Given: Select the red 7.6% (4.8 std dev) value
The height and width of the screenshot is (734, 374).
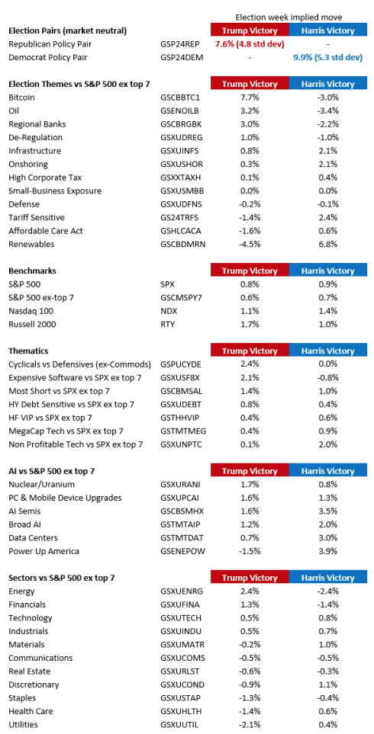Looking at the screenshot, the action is point(250,44).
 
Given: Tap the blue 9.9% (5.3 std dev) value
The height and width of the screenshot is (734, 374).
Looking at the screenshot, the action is point(327,58).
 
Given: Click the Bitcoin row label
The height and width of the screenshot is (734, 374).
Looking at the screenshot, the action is point(21,98).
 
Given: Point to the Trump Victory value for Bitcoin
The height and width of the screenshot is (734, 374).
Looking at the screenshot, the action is point(250,98).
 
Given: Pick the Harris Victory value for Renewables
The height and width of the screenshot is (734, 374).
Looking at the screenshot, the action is point(327,245).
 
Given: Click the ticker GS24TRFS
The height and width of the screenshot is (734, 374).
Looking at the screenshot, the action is point(179,218).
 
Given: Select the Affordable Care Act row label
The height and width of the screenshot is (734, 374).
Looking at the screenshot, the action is point(40,231).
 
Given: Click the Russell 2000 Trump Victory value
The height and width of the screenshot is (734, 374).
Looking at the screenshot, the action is point(250,324).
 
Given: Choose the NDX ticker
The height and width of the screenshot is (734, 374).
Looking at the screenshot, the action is point(167,311).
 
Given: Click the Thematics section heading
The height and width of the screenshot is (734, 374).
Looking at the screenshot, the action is point(28,351).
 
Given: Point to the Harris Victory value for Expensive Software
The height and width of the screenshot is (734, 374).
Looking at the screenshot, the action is point(327,377).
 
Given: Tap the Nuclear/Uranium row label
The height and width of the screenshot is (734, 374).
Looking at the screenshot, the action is point(42,485).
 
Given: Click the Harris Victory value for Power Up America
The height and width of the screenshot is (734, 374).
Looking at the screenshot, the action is point(327,551).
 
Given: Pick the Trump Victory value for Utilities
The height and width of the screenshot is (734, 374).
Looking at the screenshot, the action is point(250,725).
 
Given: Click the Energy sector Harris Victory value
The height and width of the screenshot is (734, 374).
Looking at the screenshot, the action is point(327,591).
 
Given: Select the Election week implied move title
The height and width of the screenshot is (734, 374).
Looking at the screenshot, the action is point(289,18).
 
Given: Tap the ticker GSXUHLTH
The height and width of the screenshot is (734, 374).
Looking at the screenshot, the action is point(179,712).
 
